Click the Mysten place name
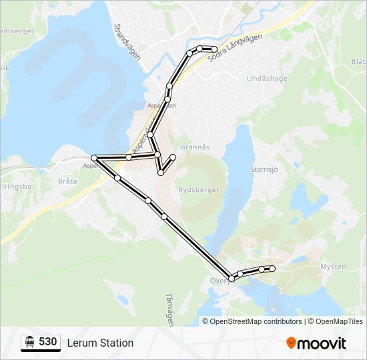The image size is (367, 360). [334, 266]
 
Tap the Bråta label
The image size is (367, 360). [67, 181]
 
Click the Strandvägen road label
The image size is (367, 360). [127, 43]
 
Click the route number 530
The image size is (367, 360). [47, 342]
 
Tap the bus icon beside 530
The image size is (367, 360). [30, 342]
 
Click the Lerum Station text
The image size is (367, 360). [100, 343]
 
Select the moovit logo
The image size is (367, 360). [316, 343]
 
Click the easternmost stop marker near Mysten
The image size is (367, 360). [272, 268]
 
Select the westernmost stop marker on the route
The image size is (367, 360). [95, 158]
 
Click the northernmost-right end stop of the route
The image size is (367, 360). [214, 49]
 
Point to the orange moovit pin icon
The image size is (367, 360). [292, 343]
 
